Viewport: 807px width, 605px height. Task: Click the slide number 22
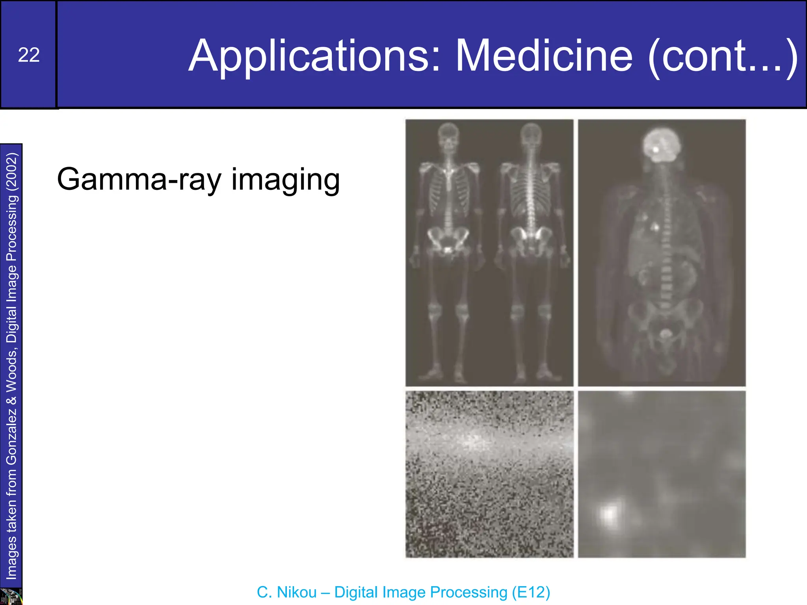click(x=29, y=55)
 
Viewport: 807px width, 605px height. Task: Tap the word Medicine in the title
click(x=544, y=56)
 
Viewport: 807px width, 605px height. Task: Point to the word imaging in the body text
click(x=285, y=180)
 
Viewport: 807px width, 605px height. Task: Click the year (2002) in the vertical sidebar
click(x=12, y=172)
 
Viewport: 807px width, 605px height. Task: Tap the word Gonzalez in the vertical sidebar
click(x=12, y=435)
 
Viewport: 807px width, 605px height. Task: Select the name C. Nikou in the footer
click(x=286, y=592)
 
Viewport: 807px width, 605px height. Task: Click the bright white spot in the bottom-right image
click(x=610, y=513)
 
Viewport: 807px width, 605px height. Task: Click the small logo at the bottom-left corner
click(x=11, y=596)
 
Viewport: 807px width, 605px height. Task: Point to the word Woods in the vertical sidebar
click(x=12, y=369)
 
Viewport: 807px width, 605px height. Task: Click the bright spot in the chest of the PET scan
click(x=656, y=227)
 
